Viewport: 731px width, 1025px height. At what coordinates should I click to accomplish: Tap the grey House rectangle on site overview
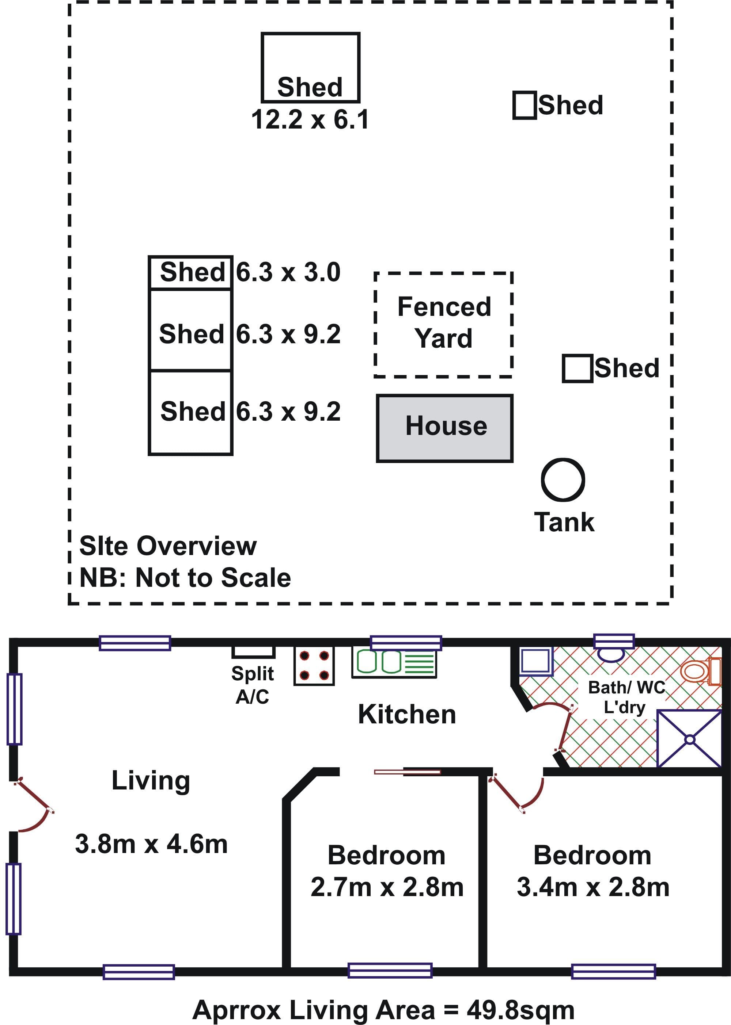click(445, 428)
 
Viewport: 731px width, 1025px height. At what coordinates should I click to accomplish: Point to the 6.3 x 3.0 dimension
click(288, 272)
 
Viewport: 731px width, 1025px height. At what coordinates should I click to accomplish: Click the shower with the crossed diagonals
click(690, 739)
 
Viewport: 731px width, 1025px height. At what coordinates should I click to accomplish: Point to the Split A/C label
click(253, 685)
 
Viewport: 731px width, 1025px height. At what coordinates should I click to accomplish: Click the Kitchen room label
click(407, 714)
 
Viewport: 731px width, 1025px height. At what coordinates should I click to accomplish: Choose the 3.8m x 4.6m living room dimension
click(151, 844)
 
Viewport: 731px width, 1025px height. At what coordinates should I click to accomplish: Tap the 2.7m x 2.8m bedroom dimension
click(387, 887)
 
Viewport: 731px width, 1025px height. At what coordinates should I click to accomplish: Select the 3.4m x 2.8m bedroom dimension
click(593, 887)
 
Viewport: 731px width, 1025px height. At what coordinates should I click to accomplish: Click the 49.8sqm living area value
click(521, 1010)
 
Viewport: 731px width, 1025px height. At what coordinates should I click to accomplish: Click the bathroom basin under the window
click(610, 654)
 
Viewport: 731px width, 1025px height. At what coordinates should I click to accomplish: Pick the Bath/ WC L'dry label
click(626, 697)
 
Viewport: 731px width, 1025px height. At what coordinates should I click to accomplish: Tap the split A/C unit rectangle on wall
click(253, 652)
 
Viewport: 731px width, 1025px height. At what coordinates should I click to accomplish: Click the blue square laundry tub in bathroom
click(536, 661)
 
